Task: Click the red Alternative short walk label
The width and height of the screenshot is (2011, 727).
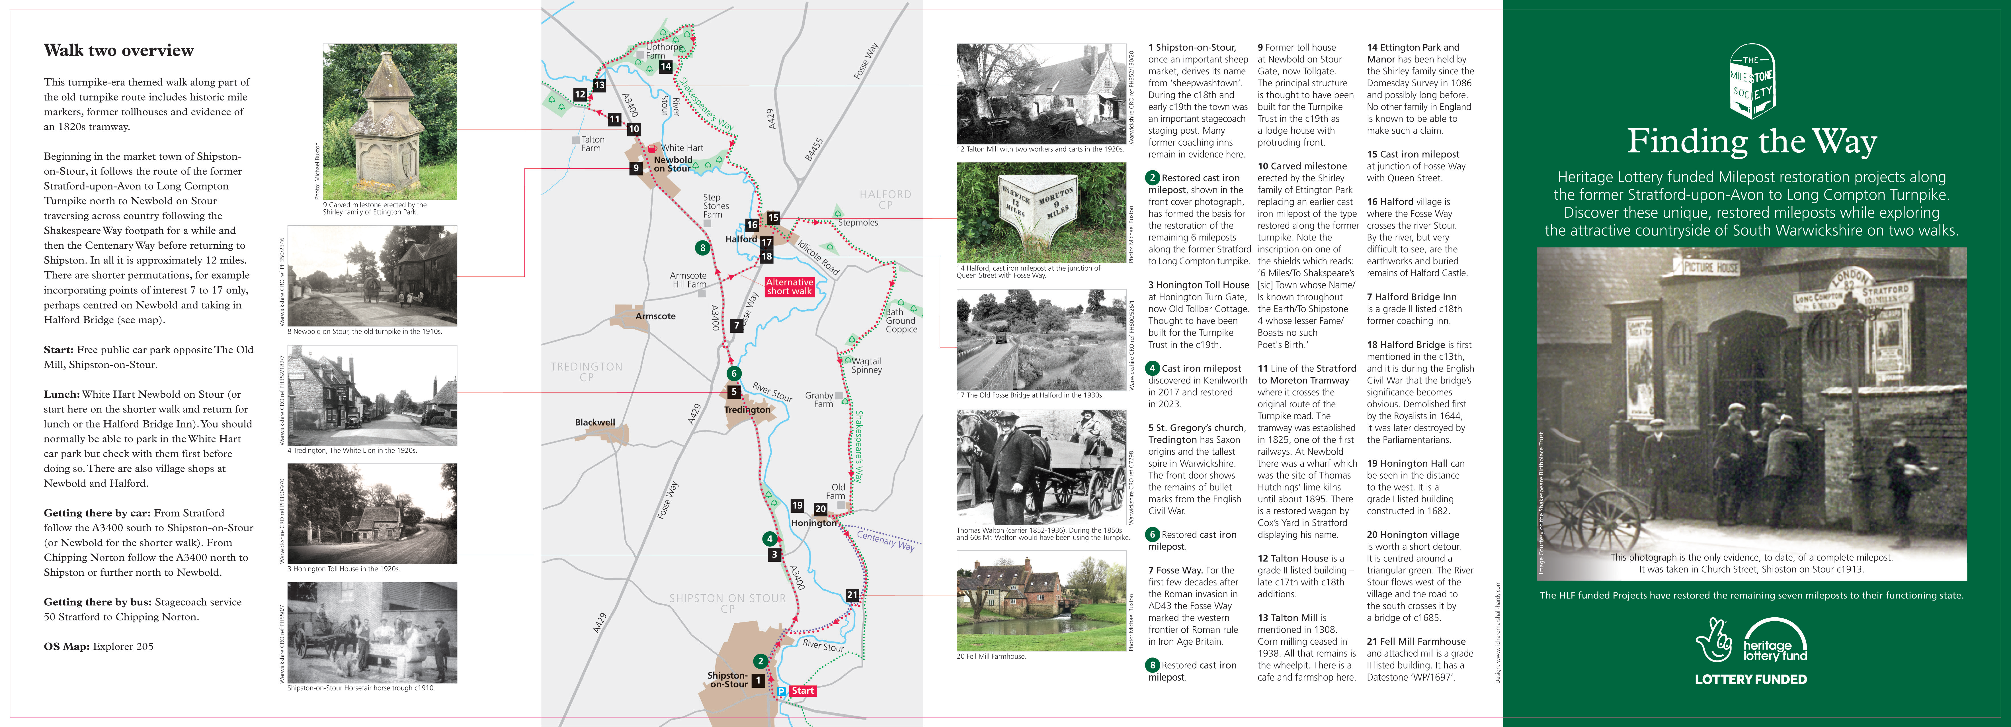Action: pos(789,287)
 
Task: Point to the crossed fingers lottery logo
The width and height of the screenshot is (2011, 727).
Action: pos(1714,640)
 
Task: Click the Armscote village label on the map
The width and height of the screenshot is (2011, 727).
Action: pos(655,316)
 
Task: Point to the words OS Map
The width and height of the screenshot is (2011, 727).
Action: pos(66,647)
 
